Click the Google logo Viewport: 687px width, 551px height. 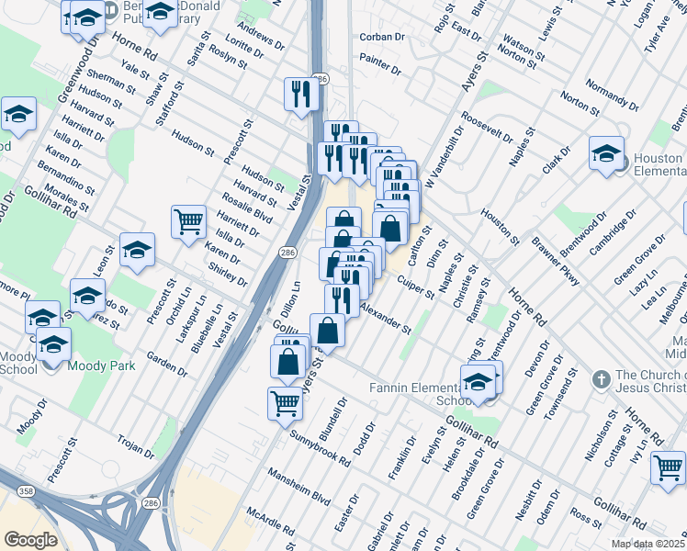(x=30, y=540)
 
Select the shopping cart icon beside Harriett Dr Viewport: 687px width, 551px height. (x=188, y=221)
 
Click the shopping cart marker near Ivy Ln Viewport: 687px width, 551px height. (x=667, y=467)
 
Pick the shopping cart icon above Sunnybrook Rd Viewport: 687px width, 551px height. (x=285, y=402)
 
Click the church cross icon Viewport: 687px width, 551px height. (x=601, y=378)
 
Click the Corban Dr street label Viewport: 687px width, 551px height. (x=382, y=37)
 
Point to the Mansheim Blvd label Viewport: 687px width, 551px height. (x=298, y=486)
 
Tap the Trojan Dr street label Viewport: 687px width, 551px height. (x=136, y=445)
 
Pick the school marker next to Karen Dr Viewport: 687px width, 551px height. (x=137, y=249)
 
